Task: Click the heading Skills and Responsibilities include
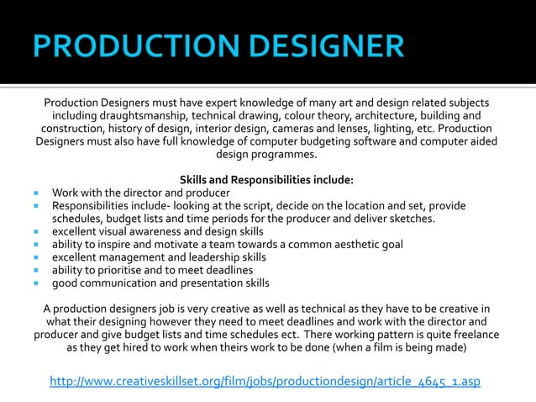(267, 179)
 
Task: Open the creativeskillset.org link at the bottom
(265, 382)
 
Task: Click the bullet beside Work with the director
(38, 193)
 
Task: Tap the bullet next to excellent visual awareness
(38, 231)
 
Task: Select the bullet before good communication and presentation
(38, 283)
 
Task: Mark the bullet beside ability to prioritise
(38, 270)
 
